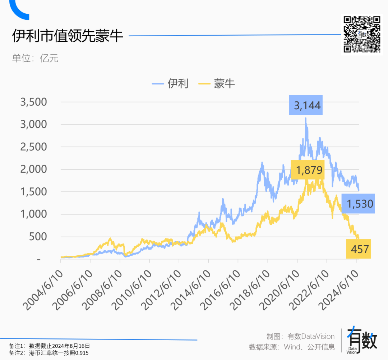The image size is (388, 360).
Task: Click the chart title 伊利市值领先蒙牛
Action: [68, 36]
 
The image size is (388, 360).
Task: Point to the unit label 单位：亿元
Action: [35, 58]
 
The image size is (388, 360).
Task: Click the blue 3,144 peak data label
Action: [306, 105]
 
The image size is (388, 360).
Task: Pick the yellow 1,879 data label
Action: [308, 170]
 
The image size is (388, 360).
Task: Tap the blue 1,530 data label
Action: [358, 204]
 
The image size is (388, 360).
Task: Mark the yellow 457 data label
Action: [359, 249]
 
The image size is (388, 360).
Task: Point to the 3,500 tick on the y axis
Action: [34, 102]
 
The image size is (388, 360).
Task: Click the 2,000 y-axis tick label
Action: [34, 169]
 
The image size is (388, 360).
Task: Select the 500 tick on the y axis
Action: [38, 237]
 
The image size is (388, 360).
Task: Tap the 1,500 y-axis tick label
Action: [34, 192]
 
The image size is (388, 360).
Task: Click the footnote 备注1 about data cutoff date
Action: [49, 346]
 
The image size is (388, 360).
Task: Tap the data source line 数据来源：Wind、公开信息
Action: [292, 347]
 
